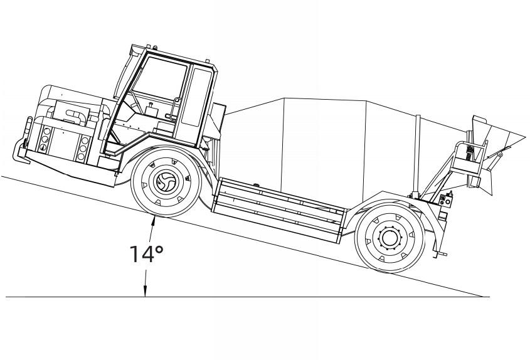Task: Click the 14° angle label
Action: (146, 253)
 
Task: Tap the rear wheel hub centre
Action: (389, 238)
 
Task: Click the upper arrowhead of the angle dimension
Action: (154, 218)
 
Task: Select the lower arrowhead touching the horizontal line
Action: (145, 292)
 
